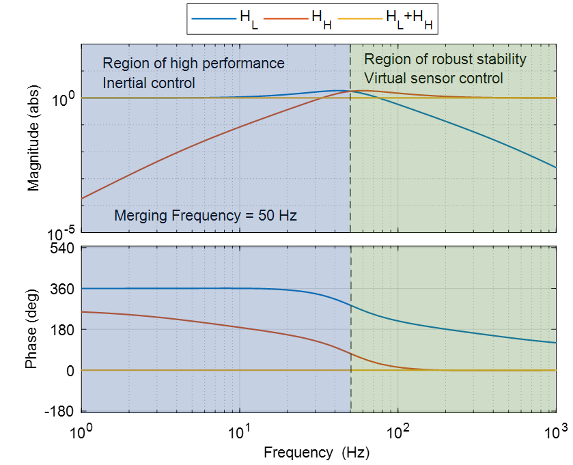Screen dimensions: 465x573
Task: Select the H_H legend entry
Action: pyautogui.click(x=298, y=20)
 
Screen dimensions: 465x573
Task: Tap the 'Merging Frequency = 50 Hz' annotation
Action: pyautogui.click(x=206, y=216)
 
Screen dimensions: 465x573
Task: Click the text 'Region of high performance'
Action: pyautogui.click(x=193, y=64)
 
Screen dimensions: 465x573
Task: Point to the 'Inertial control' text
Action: pyautogui.click(x=149, y=83)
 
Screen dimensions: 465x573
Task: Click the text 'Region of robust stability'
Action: pyautogui.click(x=445, y=59)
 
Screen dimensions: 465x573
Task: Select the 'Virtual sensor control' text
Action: pyautogui.click(x=433, y=78)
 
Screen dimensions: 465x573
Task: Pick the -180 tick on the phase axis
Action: pyautogui.click(x=61, y=411)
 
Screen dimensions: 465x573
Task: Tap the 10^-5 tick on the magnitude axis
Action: pyautogui.click(x=61, y=233)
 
